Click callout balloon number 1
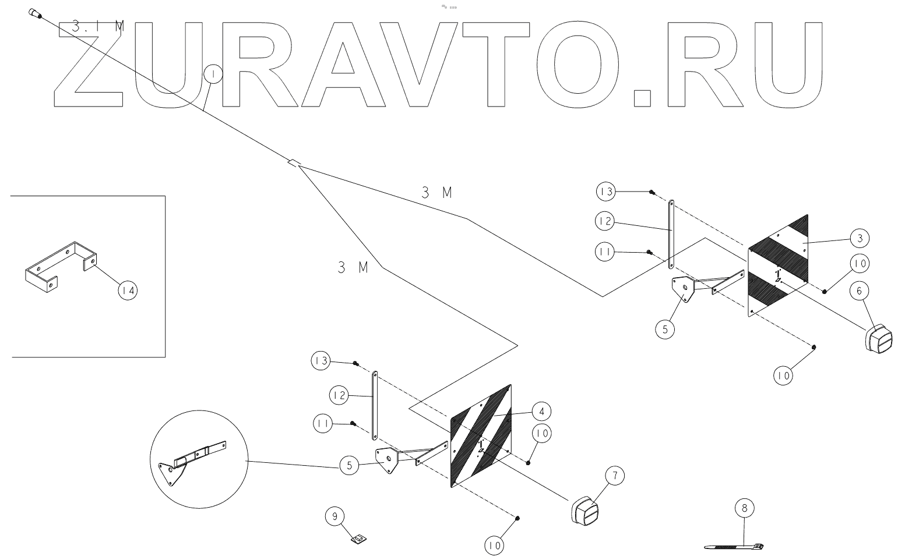coord(213,75)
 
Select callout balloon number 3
coord(860,238)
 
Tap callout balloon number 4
coord(541,412)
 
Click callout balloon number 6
coord(859,289)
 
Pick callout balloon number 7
coord(614,476)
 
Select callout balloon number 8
coord(744,508)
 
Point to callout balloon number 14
coord(128,290)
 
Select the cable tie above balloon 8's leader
coord(734,547)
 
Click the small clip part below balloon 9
coord(358,539)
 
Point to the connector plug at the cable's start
coord(34,13)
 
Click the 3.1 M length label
coord(98,26)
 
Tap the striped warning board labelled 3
coord(778,265)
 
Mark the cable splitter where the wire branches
coord(294,163)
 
